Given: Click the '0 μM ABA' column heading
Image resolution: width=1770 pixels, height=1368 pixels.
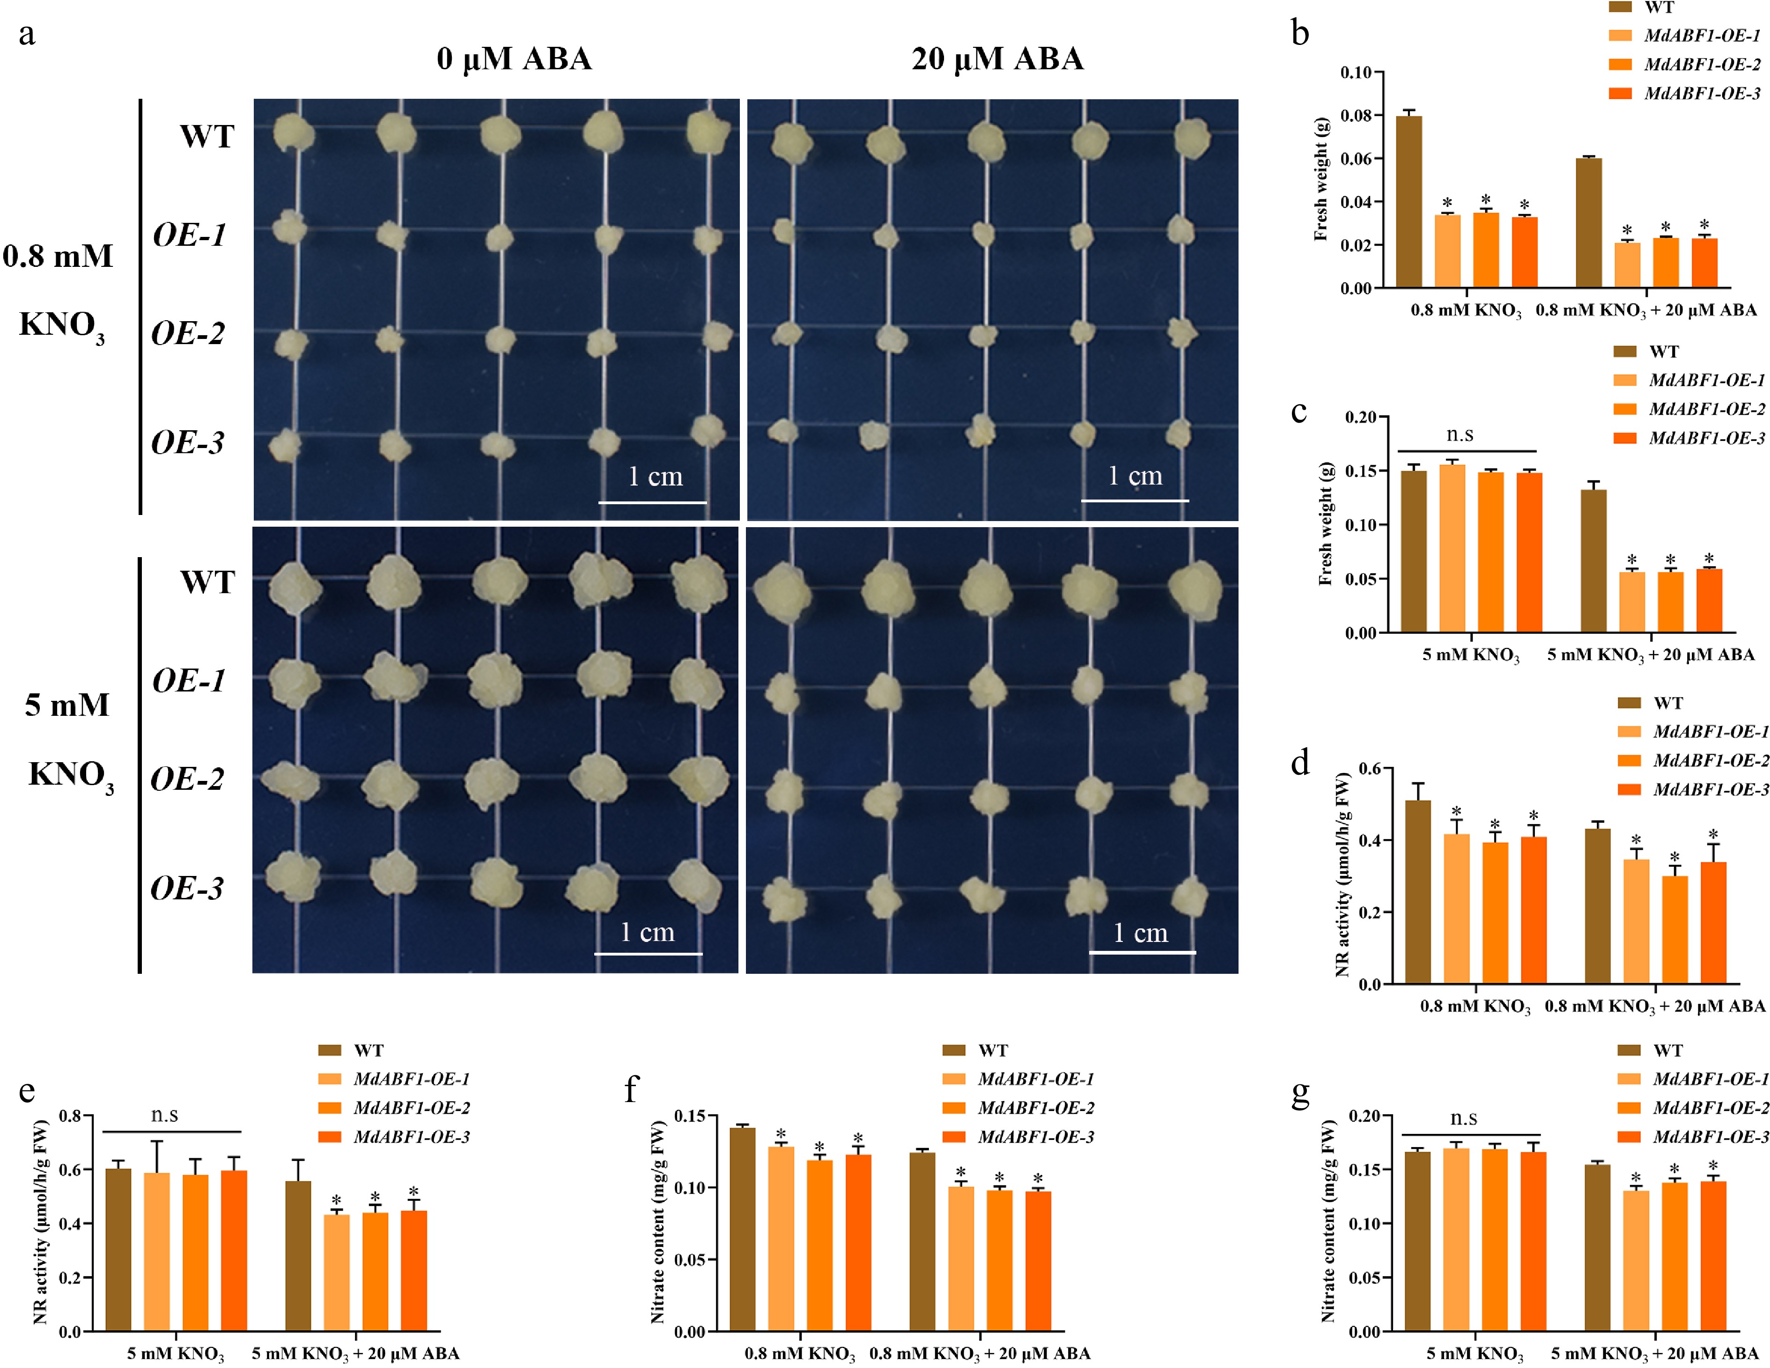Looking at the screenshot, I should pyautogui.click(x=514, y=59).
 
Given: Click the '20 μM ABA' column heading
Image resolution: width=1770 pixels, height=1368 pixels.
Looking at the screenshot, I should pyautogui.click(x=997, y=59).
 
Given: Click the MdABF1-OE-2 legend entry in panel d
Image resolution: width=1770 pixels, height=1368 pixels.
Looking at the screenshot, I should pyautogui.click(x=1710, y=760).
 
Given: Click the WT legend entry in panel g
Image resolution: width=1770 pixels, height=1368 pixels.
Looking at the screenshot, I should pyautogui.click(x=1667, y=1050).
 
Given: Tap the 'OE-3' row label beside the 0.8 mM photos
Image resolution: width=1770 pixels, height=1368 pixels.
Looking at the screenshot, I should pyautogui.click(x=188, y=442).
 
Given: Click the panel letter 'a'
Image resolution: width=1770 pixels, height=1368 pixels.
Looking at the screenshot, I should pyautogui.click(x=27, y=34).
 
